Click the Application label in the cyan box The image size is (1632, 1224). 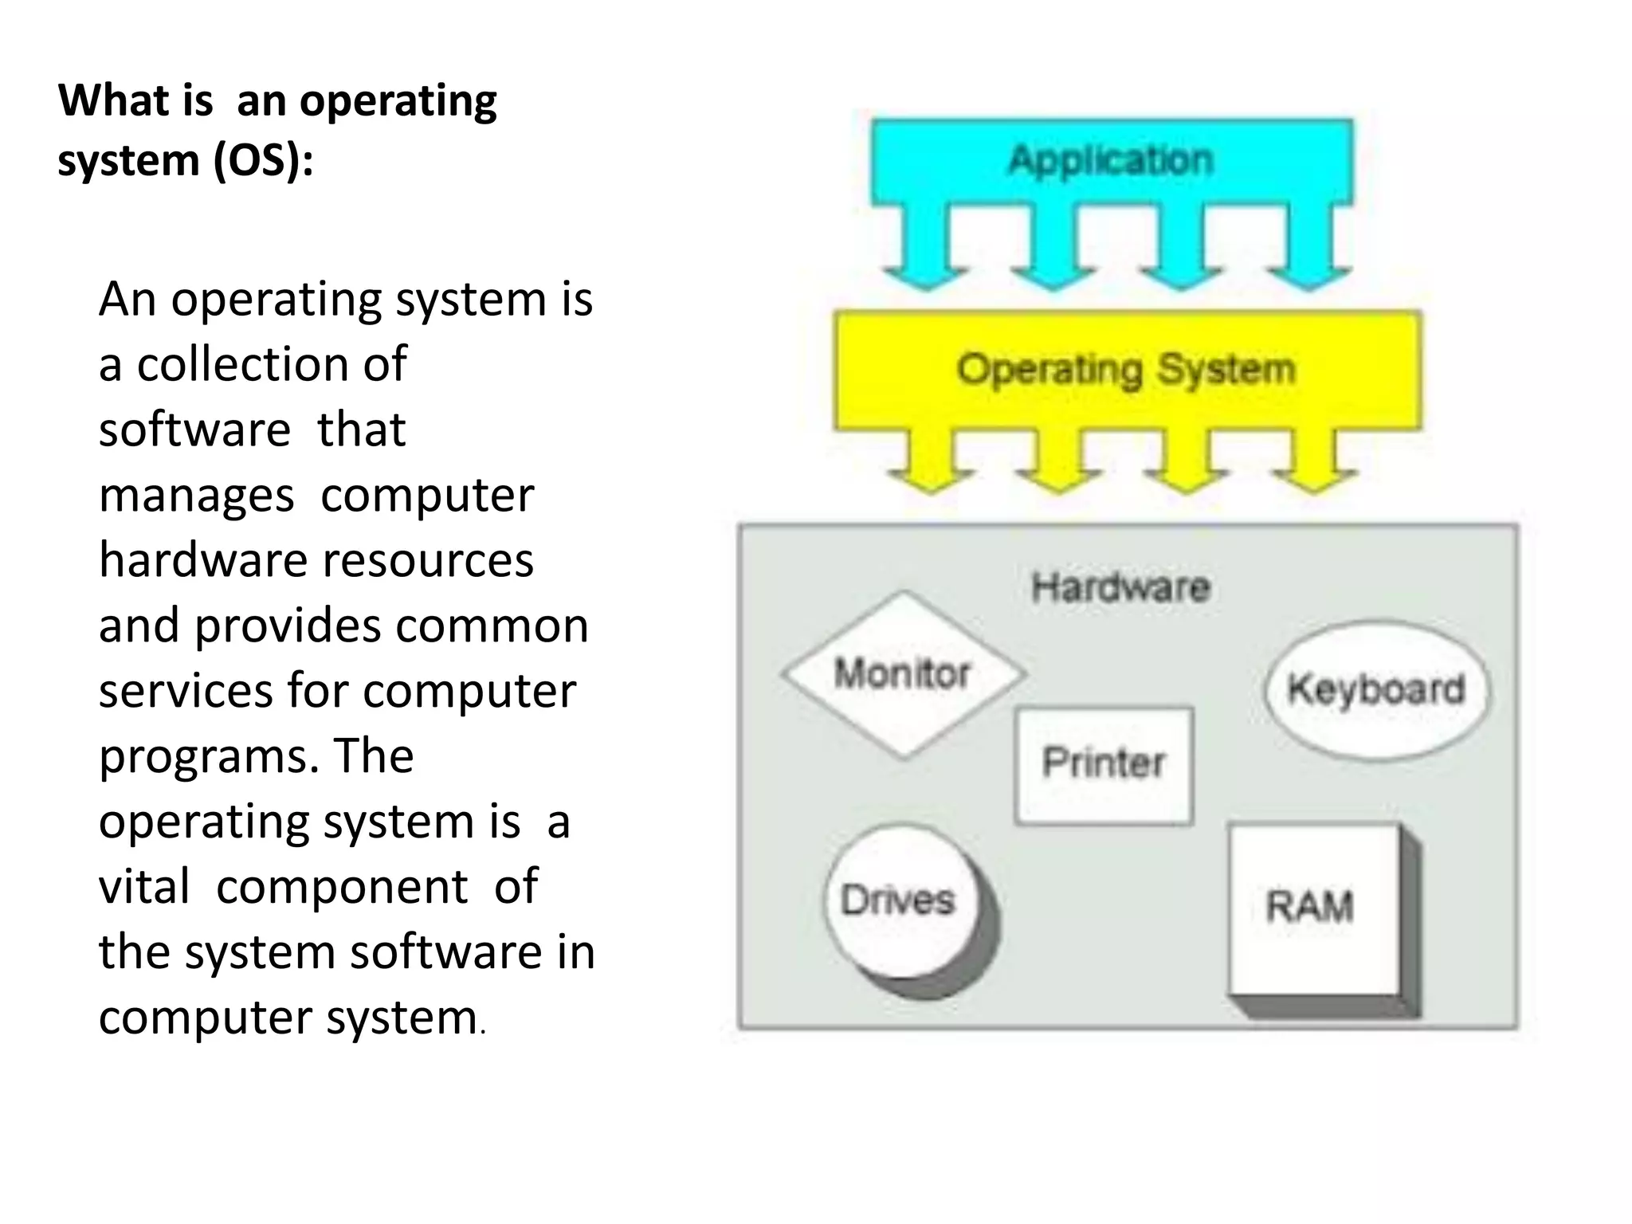pyautogui.click(x=1111, y=160)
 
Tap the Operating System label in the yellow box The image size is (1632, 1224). pyautogui.click(x=1126, y=370)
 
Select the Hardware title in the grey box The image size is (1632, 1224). pyautogui.click(x=1120, y=588)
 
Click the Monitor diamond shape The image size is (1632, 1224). pyautogui.click(x=903, y=674)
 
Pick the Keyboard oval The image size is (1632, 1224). pyautogui.click(x=1376, y=689)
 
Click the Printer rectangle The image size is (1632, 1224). pyautogui.click(x=1104, y=764)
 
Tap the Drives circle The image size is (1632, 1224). pyautogui.click(x=899, y=901)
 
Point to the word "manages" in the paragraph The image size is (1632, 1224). pyautogui.click(x=196, y=496)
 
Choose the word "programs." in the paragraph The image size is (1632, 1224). pyautogui.click(x=210, y=756)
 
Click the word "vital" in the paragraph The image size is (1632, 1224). pyautogui.click(x=144, y=887)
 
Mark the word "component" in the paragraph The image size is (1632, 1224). pyautogui.click(x=342, y=888)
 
